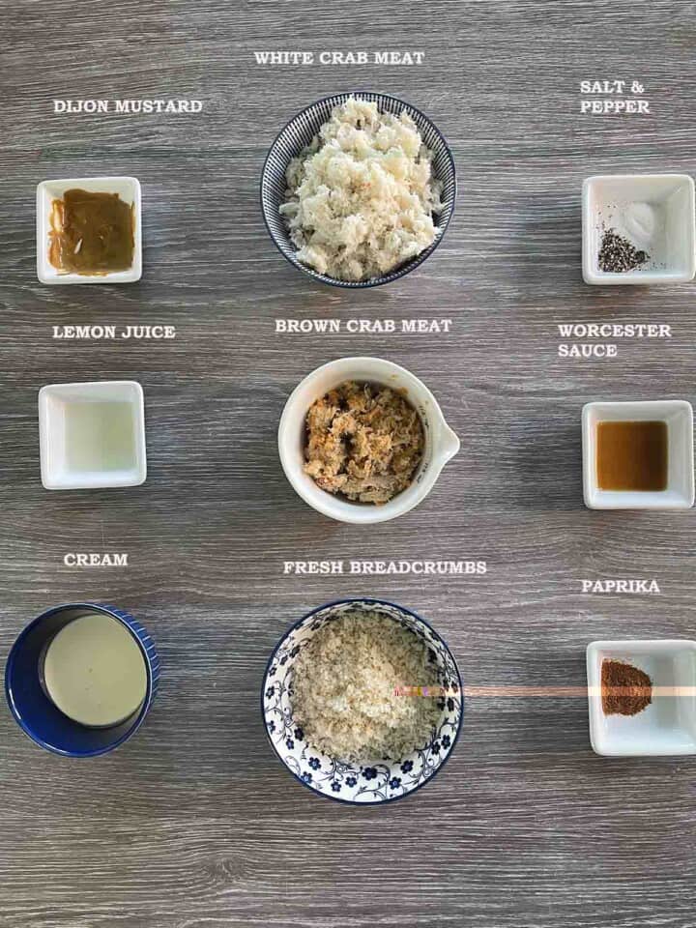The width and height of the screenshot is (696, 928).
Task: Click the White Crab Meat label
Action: point(339,58)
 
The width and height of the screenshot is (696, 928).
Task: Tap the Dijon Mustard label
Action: point(128,106)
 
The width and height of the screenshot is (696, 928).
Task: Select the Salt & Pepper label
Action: point(615,97)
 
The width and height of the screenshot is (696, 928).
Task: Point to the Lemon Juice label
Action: point(114,332)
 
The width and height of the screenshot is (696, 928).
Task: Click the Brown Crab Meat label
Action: point(362,326)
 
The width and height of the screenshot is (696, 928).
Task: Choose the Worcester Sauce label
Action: point(614,340)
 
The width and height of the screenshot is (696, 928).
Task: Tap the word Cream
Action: point(96,560)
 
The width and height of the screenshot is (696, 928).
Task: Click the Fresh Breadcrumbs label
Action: point(385,567)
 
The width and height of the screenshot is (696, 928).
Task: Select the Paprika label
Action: point(621,586)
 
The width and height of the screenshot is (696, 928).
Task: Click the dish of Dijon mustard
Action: point(90,231)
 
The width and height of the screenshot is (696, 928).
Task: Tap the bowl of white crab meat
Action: point(359,190)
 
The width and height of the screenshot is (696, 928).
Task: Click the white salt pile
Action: point(639,221)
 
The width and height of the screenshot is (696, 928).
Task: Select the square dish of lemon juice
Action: point(93,435)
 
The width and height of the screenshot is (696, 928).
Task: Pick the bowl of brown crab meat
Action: point(362,443)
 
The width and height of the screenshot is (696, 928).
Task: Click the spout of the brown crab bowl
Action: point(446,443)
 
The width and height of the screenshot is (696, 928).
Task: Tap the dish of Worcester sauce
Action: point(637,455)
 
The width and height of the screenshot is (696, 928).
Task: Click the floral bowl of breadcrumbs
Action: point(362,701)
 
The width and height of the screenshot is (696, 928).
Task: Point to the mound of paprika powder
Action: point(625,687)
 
